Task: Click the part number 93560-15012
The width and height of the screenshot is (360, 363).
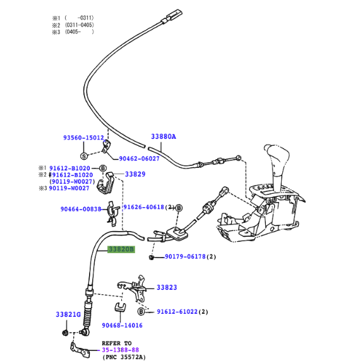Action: (x=83, y=138)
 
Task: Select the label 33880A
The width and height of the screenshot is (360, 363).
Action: (x=164, y=136)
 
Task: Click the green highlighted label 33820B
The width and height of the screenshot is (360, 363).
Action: (x=121, y=249)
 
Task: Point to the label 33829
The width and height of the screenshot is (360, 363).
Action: (x=135, y=174)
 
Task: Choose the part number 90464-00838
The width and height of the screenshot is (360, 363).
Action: (x=81, y=209)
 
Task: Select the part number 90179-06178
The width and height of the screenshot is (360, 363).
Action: (x=186, y=257)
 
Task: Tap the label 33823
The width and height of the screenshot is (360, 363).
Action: (x=167, y=288)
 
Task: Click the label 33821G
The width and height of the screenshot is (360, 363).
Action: (x=68, y=314)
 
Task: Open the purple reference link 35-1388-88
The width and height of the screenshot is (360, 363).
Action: (x=121, y=349)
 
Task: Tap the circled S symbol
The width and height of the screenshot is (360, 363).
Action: (x=84, y=155)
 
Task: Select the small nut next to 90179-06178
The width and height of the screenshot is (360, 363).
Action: (x=152, y=258)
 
